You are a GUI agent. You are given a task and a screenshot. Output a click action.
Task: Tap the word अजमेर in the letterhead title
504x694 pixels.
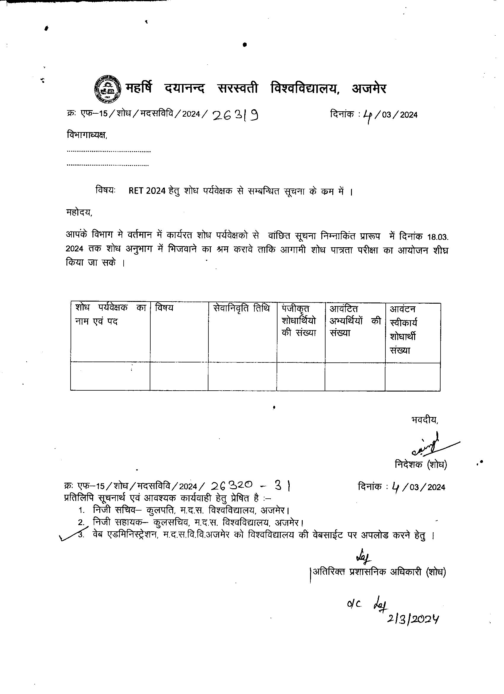click(369, 88)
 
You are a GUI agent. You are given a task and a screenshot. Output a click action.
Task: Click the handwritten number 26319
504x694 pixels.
click(235, 115)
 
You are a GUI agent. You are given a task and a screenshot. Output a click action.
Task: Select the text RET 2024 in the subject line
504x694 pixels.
click(147, 191)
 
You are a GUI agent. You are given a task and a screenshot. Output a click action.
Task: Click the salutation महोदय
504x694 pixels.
click(79, 212)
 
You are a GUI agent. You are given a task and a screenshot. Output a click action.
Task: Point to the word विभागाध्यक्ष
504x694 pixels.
click(87, 135)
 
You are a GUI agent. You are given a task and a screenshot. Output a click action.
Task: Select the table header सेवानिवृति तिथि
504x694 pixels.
click(241, 308)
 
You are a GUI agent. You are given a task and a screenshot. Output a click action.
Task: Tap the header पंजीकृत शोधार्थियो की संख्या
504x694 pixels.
click(299, 320)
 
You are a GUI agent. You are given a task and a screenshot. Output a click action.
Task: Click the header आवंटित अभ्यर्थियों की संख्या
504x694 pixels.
click(355, 320)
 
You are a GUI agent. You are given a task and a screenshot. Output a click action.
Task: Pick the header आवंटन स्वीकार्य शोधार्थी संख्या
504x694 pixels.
click(403, 329)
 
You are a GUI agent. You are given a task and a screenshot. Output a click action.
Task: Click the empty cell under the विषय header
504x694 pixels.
click(179, 377)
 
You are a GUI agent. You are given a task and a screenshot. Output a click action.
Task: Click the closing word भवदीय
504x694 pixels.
click(425, 420)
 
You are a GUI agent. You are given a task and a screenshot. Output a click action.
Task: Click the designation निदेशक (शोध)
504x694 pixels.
click(421, 465)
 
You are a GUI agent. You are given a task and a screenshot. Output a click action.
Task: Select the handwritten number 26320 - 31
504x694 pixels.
click(250, 485)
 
